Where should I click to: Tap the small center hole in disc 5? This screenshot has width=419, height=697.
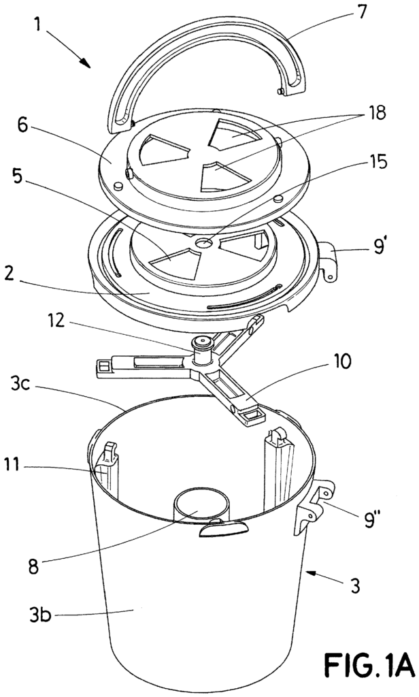(x=202, y=242)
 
